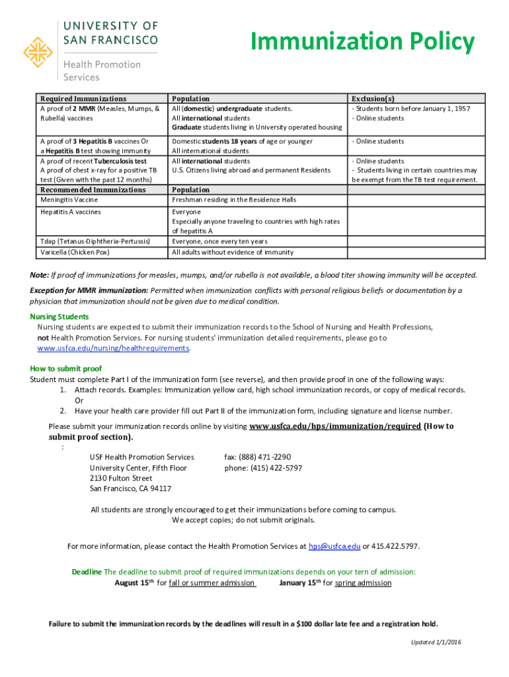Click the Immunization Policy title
362,42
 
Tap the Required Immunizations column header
83,99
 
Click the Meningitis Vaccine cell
69,200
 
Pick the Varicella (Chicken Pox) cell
74,252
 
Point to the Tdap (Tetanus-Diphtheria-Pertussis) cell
95,241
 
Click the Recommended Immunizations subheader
93,190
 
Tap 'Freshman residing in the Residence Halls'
234,200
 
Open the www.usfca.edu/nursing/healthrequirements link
113,348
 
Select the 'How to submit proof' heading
66,368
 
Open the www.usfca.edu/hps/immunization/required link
335,426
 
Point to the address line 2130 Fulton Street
121,478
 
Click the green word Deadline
87,571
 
